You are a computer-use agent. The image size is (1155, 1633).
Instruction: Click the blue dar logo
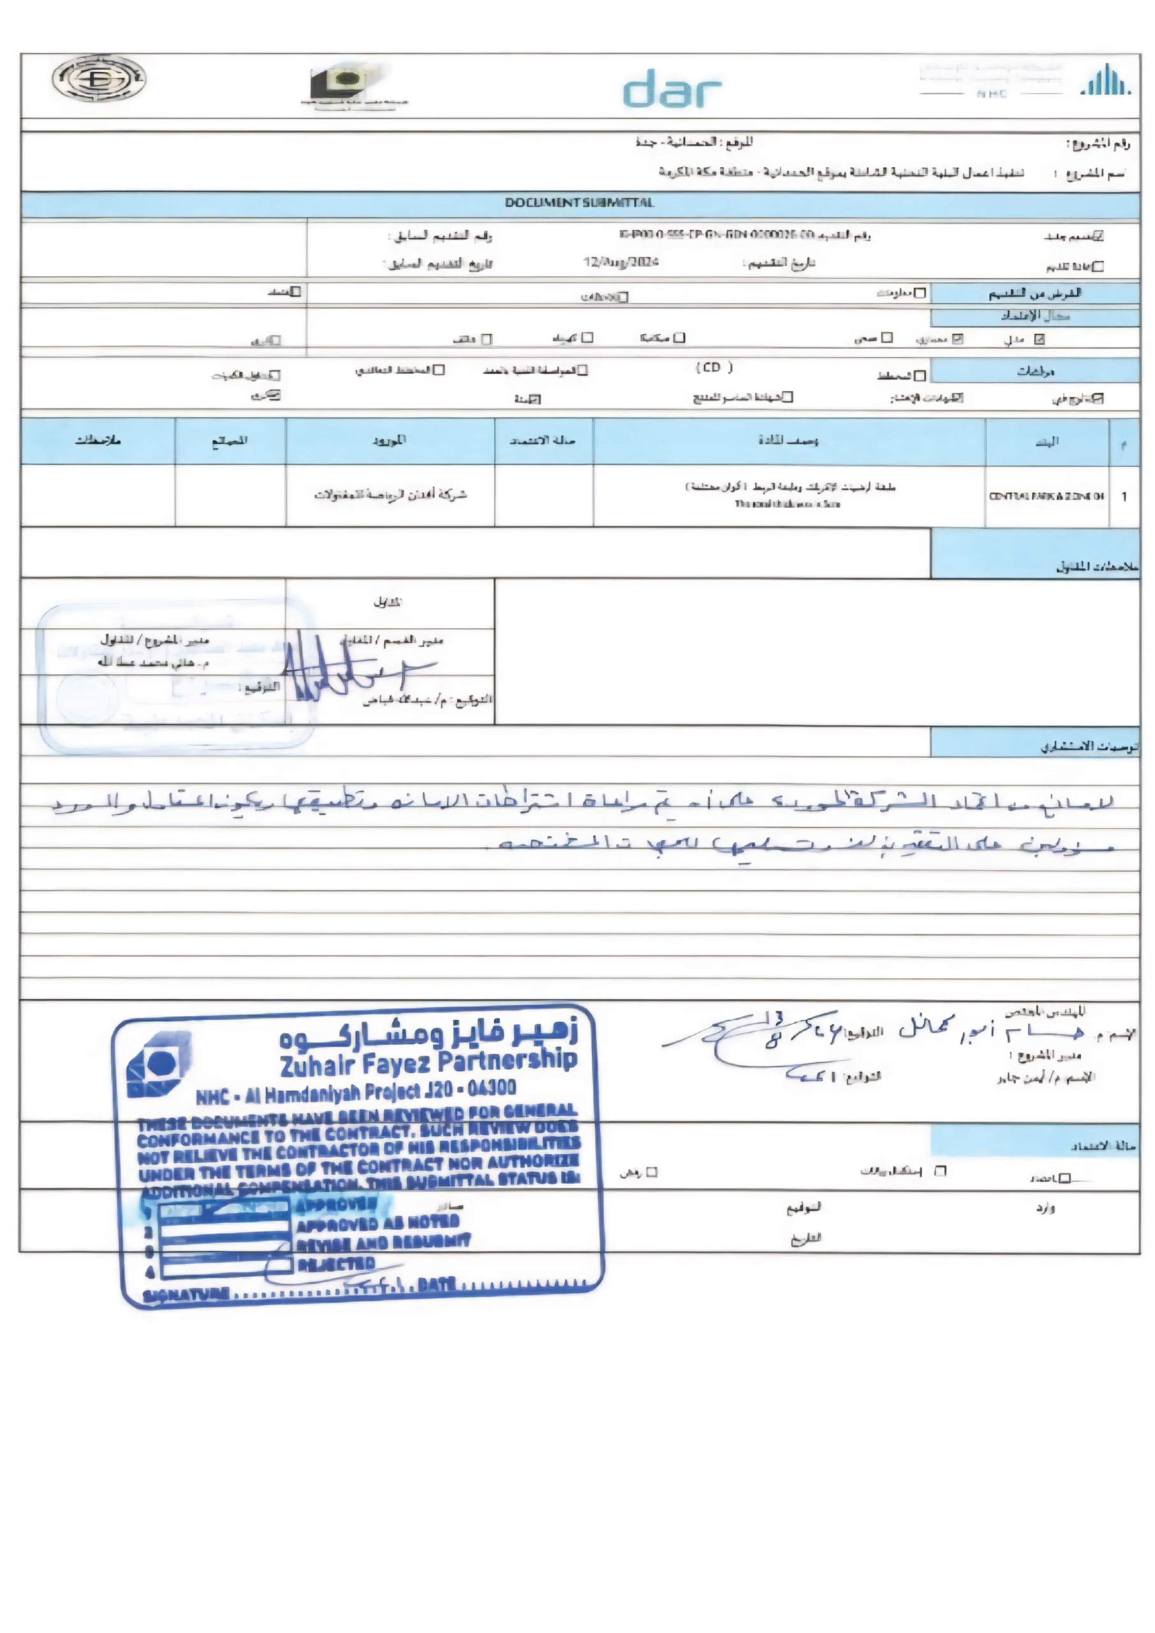point(672,89)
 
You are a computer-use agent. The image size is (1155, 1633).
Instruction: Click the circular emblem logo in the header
point(99,78)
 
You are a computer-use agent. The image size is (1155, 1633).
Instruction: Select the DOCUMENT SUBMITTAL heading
point(579,203)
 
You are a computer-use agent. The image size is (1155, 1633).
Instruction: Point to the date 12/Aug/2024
point(620,262)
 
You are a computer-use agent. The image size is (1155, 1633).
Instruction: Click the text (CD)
point(713,367)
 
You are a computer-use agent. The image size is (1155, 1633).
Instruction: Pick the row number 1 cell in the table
point(1124,496)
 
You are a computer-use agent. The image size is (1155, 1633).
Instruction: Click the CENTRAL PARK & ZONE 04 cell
point(1046,496)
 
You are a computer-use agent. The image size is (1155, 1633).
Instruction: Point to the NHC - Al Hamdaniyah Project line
point(356,1091)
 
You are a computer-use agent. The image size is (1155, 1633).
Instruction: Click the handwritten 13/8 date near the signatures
point(774,1031)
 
